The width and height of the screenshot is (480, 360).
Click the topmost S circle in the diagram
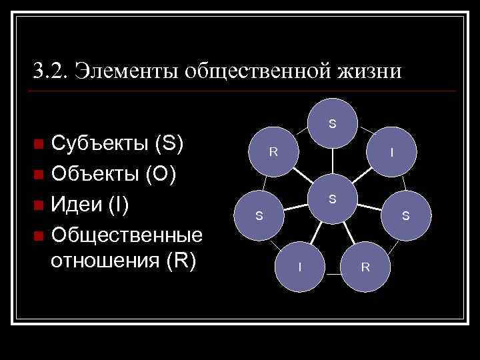(332, 124)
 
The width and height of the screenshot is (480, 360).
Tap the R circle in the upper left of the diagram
(274, 152)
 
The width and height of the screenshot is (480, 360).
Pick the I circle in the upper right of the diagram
(392, 153)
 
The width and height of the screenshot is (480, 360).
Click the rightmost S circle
(405, 215)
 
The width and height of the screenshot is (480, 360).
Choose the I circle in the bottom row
(300, 267)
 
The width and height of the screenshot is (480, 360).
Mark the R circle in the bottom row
(365, 267)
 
